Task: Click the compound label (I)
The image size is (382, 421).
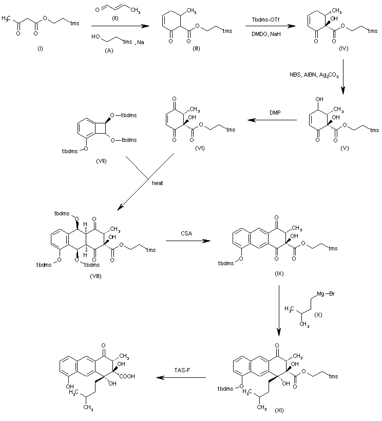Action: pyautogui.click(x=40, y=49)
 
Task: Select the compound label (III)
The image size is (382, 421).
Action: pyautogui.click(x=196, y=49)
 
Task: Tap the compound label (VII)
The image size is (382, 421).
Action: pyautogui.click(x=101, y=161)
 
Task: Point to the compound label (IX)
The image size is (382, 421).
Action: pyautogui.click(x=279, y=273)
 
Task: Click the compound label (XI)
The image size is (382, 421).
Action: pyautogui.click(x=279, y=410)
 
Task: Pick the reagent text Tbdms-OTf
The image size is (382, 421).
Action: pyautogui.click(x=265, y=20)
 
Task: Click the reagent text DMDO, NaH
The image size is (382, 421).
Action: pyautogui.click(x=266, y=34)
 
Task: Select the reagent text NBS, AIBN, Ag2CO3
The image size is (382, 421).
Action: pyautogui.click(x=314, y=75)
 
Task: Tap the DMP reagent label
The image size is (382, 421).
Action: pyautogui.click(x=275, y=113)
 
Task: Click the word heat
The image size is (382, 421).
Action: pyautogui.click(x=158, y=183)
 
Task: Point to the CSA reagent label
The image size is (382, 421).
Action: pyautogui.click(x=186, y=233)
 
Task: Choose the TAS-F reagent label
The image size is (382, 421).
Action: pyautogui.click(x=182, y=370)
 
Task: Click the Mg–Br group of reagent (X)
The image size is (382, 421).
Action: pyautogui.click(x=326, y=294)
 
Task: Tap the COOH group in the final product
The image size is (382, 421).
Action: pyautogui.click(x=127, y=376)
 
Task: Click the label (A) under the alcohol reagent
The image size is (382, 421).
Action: pyautogui.click(x=109, y=51)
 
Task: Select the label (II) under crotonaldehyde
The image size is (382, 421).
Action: pyautogui.click(x=115, y=19)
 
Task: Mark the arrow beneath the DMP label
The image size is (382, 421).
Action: pyautogui.click(x=272, y=120)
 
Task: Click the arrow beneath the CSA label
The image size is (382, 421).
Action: pyautogui.click(x=188, y=241)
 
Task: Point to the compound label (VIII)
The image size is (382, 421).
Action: pyautogui.click(x=96, y=276)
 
